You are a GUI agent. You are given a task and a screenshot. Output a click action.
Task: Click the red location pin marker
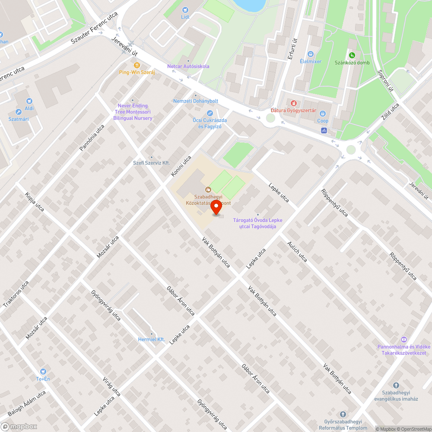click(x=216, y=208)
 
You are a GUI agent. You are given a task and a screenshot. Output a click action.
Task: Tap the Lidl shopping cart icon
click(x=185, y=10)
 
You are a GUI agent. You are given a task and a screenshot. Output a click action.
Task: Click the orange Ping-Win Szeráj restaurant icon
click(x=137, y=65)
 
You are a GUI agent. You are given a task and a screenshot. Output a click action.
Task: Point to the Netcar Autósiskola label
click(x=188, y=67)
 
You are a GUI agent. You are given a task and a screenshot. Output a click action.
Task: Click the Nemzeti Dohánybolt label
click(x=196, y=101)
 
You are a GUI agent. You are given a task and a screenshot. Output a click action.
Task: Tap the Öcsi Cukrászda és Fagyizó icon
click(x=210, y=113)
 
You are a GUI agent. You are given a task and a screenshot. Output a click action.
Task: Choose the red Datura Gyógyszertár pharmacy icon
click(x=293, y=103)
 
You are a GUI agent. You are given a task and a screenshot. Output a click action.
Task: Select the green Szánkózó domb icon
click(x=352, y=55)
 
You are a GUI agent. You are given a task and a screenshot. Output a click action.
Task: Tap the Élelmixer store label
click(x=311, y=61)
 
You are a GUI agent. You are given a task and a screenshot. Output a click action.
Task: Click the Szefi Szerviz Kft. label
click(x=152, y=163)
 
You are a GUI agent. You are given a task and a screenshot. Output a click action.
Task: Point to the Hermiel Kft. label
click(x=152, y=340)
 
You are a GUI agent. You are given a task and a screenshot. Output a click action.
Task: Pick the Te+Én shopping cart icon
click(x=43, y=372)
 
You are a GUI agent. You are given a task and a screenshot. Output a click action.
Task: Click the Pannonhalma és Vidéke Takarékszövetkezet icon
click(x=404, y=340)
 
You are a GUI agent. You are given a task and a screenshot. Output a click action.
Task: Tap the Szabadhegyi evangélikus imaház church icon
click(x=395, y=385)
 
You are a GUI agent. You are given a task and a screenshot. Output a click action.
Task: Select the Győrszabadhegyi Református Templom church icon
click(x=343, y=414)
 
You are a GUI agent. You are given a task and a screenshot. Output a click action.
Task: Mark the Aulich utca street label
click(x=297, y=251)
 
